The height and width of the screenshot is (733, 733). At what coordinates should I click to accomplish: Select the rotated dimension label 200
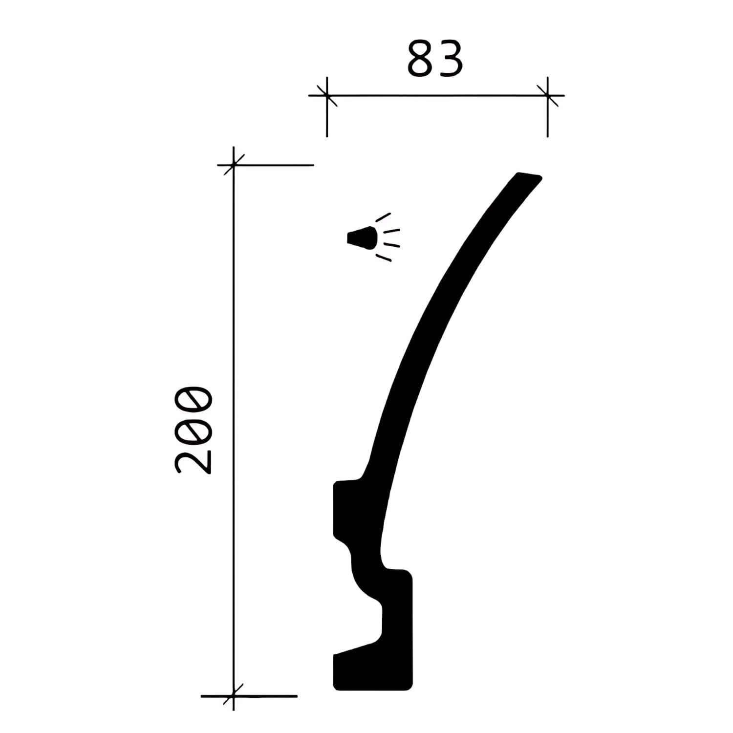pos(194,430)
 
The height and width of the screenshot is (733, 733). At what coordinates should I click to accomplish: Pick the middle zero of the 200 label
pos(194,430)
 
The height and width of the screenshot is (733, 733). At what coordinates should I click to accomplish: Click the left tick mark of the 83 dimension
pos(327,95)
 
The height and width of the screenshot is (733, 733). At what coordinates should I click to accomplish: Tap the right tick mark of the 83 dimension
pos(547,95)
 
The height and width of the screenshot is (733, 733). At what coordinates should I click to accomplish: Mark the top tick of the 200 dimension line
pos(234,165)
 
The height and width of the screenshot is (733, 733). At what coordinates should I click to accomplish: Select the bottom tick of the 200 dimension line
pos(234,695)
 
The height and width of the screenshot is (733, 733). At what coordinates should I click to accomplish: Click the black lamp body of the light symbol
pos(362,238)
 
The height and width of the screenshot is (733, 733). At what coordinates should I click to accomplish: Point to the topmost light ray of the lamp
pos(383,217)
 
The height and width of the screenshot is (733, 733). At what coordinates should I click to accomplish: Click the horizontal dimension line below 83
pos(435,95)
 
